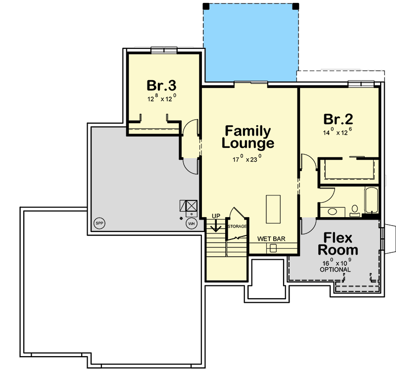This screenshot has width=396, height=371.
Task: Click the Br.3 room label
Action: (x=161, y=86)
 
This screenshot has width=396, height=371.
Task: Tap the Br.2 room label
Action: (x=338, y=119)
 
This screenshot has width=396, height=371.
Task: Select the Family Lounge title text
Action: (x=247, y=138)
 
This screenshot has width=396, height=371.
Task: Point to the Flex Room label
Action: (x=338, y=244)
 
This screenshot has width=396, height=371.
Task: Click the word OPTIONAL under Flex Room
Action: (x=335, y=270)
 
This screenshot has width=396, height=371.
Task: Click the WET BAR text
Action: (x=271, y=238)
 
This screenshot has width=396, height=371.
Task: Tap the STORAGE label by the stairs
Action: (x=237, y=226)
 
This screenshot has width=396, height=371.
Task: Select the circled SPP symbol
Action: (x=99, y=224)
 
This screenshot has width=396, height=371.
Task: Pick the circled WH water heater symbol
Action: (x=191, y=224)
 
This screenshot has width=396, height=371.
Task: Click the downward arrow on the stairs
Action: (x=215, y=227)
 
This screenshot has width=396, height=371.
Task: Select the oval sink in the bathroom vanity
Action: (x=332, y=211)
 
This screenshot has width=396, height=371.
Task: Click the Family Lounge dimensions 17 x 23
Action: (x=247, y=159)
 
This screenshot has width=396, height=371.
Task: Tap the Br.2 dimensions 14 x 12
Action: (x=338, y=133)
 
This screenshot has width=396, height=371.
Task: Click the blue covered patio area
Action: (x=251, y=45)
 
